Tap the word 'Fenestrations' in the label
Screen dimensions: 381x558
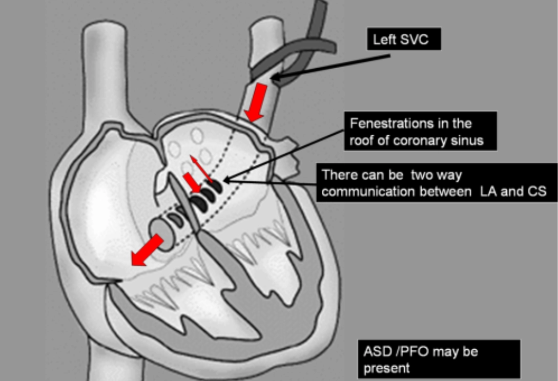coord(385,124)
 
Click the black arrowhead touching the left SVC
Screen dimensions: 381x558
coord(277,78)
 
